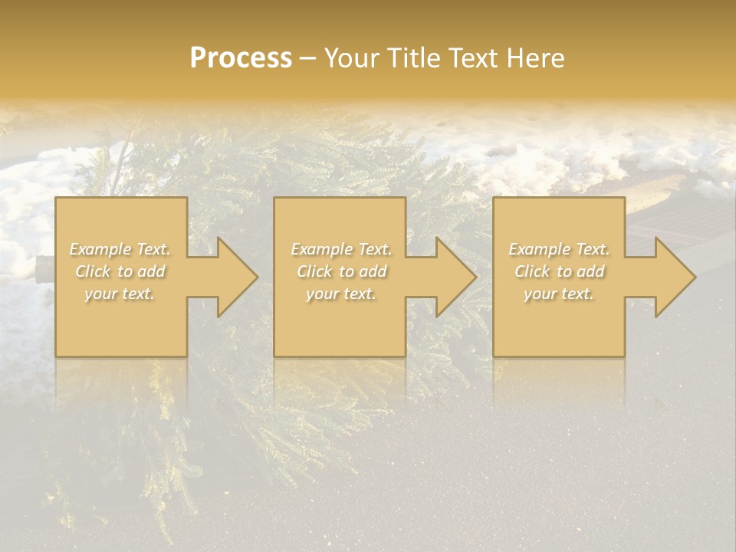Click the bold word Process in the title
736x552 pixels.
241,58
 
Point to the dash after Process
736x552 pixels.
307,58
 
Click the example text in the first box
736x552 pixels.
120,271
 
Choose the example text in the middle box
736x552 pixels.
340,271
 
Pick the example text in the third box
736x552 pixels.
558,271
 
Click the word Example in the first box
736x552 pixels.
99,249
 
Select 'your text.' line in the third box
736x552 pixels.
558,294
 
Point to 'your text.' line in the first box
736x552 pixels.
120,294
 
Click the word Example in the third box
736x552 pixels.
537,249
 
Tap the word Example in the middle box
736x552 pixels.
320,249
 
